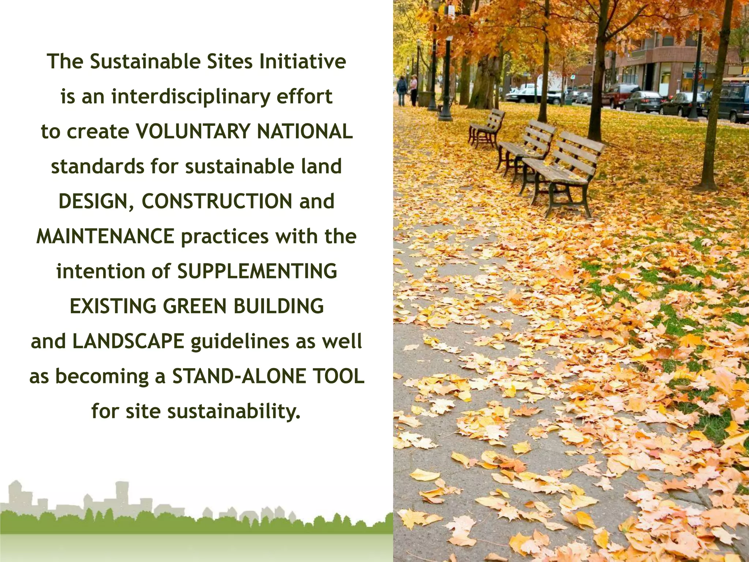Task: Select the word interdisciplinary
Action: pos(191,97)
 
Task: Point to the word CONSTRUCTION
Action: pos(217,201)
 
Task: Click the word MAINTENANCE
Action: pos(105,236)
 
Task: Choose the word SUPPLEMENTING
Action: pos(257,271)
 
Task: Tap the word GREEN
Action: pos(195,306)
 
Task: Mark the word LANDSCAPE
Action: pos(128,341)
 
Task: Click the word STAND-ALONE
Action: pos(239,376)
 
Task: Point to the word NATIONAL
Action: pos(305,131)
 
